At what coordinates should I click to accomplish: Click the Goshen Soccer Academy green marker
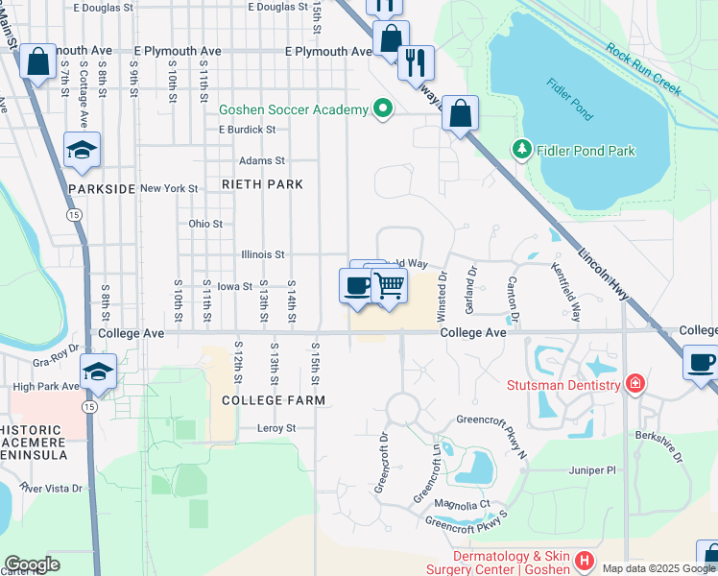coord(383,108)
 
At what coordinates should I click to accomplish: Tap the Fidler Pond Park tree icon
coord(521,150)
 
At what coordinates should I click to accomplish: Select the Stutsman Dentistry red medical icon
coord(634,385)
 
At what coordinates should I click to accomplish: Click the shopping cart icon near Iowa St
coord(389,284)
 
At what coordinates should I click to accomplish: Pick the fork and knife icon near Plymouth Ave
coord(416,61)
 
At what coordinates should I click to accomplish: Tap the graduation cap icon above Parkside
coord(83,149)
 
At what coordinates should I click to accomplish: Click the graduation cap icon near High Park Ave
coord(98,371)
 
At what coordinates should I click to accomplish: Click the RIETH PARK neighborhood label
coord(262,184)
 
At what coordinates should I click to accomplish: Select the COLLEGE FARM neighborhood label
coord(274,399)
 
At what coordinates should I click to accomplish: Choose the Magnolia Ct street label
coord(463,504)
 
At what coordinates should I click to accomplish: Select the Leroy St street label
coord(278,428)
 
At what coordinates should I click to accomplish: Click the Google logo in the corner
coord(32,564)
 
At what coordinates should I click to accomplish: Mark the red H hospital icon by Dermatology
coord(584,560)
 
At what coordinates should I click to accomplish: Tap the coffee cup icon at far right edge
coord(700,362)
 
